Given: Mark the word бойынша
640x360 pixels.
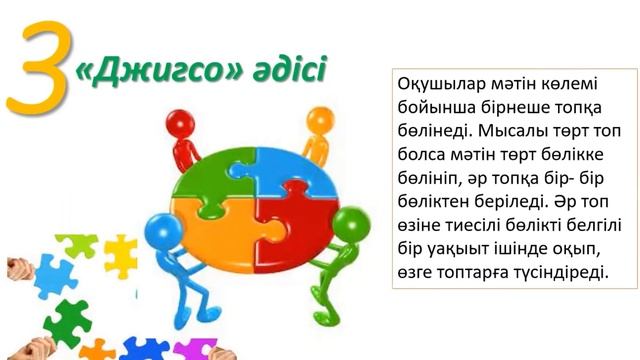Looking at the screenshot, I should coord(433,107).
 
